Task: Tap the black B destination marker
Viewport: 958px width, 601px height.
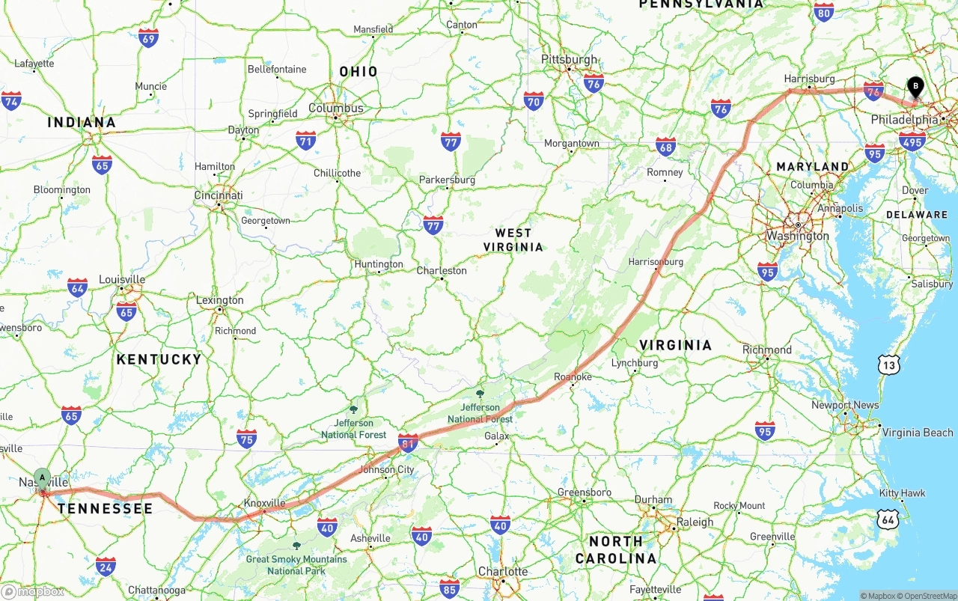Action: click(x=915, y=88)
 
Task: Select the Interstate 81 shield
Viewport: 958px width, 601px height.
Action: click(x=408, y=444)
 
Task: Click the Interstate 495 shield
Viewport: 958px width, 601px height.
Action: click(x=912, y=141)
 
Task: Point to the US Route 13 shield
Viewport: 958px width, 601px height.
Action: click(x=888, y=365)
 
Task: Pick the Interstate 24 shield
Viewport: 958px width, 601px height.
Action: click(x=106, y=566)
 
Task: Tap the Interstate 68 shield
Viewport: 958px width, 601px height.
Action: click(x=665, y=147)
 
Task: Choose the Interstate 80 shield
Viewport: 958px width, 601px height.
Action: click(x=823, y=12)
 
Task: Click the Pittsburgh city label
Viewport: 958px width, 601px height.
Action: click(x=570, y=59)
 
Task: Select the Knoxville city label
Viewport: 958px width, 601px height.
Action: click(x=266, y=503)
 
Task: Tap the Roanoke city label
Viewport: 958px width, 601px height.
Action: click(x=573, y=376)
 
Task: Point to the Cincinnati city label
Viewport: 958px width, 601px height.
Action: click(x=219, y=195)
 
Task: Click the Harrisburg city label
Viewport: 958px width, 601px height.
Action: click(x=809, y=79)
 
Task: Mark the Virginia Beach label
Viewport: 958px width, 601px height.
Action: click(x=918, y=433)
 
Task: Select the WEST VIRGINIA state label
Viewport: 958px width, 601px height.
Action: click(x=513, y=240)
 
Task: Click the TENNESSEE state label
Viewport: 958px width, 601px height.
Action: click(x=105, y=509)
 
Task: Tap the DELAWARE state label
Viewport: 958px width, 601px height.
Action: click(x=917, y=215)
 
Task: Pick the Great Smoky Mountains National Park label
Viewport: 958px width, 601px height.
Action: click(x=296, y=564)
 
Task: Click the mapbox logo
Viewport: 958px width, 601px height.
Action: click(x=33, y=591)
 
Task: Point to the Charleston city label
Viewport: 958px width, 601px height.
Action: click(x=442, y=270)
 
